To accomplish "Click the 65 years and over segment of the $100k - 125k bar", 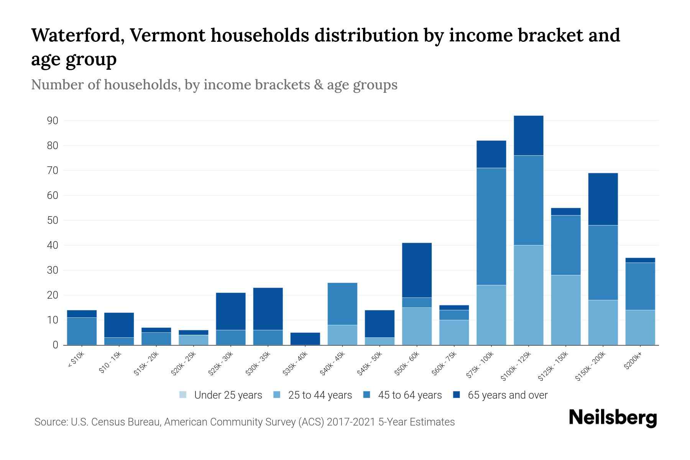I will (x=528, y=135).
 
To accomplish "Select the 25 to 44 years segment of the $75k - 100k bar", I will (x=491, y=315).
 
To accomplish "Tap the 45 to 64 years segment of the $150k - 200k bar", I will (x=603, y=263).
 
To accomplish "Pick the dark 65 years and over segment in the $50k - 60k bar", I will (x=417, y=270).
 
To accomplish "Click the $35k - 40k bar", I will (x=305, y=338).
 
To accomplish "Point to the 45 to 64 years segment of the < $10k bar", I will (x=82, y=331).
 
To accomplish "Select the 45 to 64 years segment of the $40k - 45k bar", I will (x=342, y=304).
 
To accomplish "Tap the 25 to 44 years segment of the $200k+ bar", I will (x=640, y=327).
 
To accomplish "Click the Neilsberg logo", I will (x=613, y=418).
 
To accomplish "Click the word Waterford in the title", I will (x=77, y=36).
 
